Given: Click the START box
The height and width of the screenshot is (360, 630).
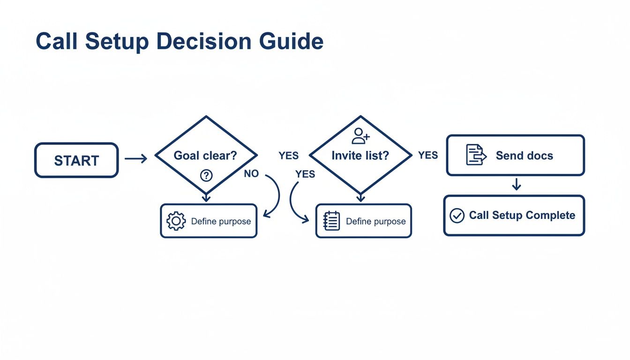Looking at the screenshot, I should click(x=76, y=160).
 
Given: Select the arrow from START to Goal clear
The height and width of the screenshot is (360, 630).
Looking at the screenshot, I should click(x=136, y=160).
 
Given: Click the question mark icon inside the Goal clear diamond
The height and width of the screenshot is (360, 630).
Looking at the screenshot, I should click(x=206, y=175).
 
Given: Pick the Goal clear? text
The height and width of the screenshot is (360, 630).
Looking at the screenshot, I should click(x=205, y=156).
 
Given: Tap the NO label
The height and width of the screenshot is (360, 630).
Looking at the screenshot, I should click(x=251, y=174).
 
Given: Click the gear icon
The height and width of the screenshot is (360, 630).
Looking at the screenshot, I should click(x=176, y=221).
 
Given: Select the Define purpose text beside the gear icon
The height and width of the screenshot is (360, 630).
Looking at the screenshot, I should click(x=221, y=221).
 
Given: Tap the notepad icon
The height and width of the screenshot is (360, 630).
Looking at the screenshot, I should click(x=332, y=221).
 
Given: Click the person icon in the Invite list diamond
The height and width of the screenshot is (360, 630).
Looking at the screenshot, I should click(x=360, y=136).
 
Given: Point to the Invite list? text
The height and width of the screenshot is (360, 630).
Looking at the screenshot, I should click(x=360, y=156).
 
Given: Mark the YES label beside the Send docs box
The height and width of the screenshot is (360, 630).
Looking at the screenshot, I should click(x=428, y=155).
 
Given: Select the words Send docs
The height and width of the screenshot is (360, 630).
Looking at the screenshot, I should click(x=524, y=156).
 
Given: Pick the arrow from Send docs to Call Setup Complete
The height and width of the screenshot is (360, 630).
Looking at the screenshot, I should click(x=516, y=185).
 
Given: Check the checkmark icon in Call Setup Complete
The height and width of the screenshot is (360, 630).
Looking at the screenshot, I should click(x=457, y=216).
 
